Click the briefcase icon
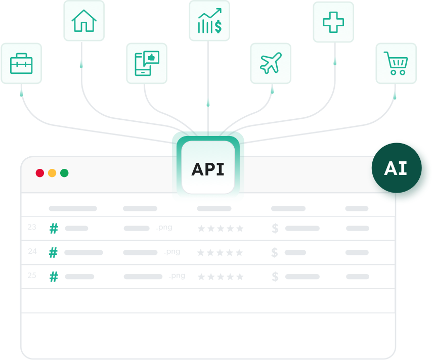(x=21, y=64)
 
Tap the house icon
(x=84, y=21)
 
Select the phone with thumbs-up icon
(x=146, y=63)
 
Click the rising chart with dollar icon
(x=209, y=21)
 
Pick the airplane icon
(x=271, y=63)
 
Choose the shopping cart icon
(x=396, y=63)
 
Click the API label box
(x=208, y=169)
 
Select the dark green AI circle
(x=396, y=169)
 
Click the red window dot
(x=40, y=173)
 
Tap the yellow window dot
(x=52, y=173)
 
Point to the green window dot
(x=64, y=173)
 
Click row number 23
(x=32, y=228)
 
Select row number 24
(x=32, y=251)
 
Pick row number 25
(x=32, y=276)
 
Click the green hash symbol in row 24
(x=53, y=252)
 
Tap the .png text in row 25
(x=177, y=276)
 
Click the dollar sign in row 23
(x=275, y=229)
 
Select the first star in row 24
(x=201, y=253)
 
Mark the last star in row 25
(x=240, y=277)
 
